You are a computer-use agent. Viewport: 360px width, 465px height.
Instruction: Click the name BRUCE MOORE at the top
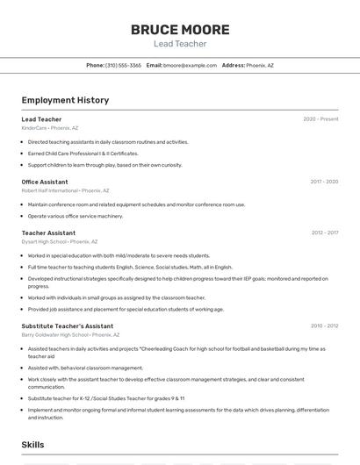tap(180, 29)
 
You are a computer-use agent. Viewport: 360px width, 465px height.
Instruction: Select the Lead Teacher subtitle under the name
tap(180, 43)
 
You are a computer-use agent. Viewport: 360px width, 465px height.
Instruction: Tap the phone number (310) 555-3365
tap(123, 65)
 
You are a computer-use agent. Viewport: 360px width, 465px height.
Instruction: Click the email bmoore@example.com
tap(190, 65)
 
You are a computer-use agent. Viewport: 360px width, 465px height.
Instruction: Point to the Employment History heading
tap(65, 100)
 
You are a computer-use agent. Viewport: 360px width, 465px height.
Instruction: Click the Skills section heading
tap(33, 445)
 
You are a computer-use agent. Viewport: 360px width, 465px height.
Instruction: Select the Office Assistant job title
tap(45, 182)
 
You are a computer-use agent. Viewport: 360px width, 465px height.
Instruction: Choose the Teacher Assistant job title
tap(48, 232)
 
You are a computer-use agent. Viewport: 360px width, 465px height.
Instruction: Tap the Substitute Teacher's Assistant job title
tap(67, 325)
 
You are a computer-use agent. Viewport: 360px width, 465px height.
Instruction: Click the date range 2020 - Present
tap(320, 119)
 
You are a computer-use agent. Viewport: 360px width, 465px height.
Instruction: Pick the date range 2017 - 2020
tap(324, 182)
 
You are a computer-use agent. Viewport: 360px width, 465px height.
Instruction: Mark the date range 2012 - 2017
tap(324, 232)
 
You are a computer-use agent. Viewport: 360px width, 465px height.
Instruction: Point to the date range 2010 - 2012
tap(324, 325)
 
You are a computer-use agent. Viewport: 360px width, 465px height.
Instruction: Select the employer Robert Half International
tap(49, 190)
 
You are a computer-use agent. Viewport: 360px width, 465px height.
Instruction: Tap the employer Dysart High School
tap(43, 241)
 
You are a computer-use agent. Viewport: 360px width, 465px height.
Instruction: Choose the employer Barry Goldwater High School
tap(54, 334)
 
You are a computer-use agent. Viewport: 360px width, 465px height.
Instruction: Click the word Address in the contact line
tap(233, 65)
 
